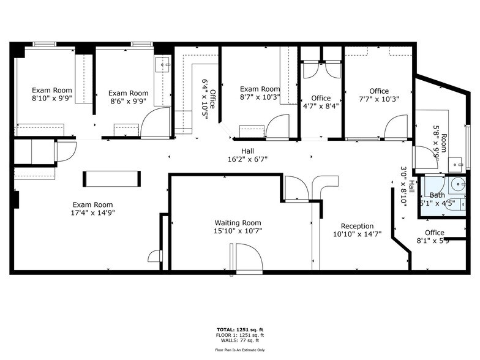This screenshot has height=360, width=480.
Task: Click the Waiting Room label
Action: (238, 223)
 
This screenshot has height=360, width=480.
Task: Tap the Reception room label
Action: (357, 226)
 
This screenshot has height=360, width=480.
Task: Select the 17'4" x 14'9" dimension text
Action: (93, 213)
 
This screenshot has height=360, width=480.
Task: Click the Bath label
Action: (437, 195)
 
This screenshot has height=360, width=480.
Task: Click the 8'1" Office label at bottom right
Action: (434, 233)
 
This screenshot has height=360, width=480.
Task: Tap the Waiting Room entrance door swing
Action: (249, 257)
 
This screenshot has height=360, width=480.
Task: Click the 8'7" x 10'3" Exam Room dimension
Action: (260, 97)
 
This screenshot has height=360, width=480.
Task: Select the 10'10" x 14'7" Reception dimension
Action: (357, 234)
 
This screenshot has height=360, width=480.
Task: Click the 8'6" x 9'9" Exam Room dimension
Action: (129, 101)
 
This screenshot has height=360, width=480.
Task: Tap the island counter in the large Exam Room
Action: (111, 178)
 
